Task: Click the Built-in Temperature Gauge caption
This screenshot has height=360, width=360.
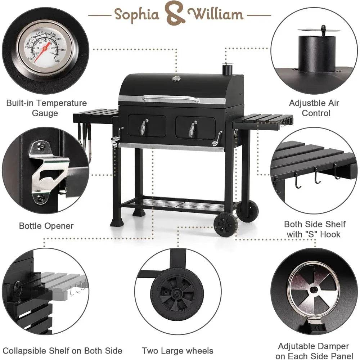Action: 46,108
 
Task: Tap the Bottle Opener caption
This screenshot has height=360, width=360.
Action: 46,226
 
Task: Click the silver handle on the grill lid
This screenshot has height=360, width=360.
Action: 170,98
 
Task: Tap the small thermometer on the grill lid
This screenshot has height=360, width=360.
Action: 176,78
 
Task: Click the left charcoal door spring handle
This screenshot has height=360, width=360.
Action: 143,127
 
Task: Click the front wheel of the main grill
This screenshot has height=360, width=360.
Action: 225,224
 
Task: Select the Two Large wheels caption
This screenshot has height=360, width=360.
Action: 177,351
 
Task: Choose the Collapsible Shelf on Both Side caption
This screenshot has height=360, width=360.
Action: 63,351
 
